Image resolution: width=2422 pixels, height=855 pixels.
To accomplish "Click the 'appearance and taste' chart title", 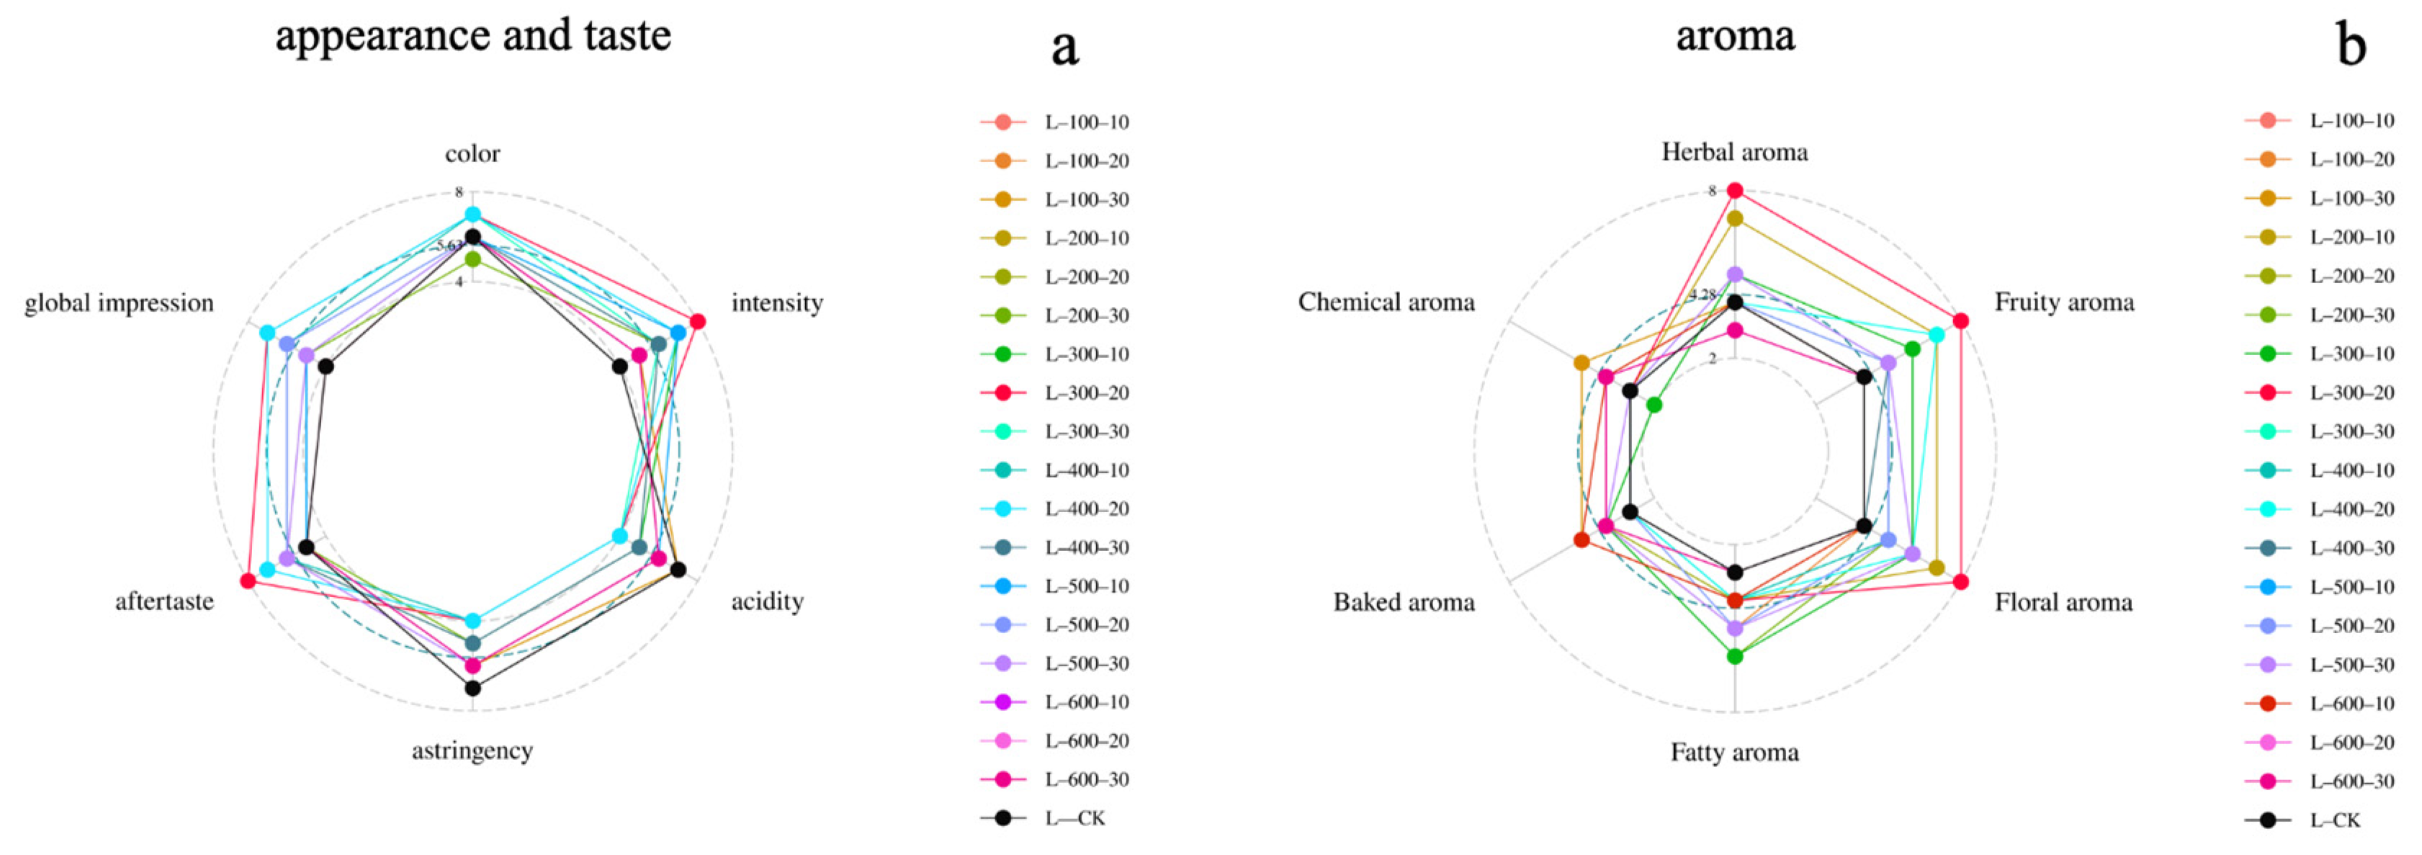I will pyautogui.click(x=473, y=37).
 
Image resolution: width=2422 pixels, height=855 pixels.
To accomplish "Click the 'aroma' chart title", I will pyautogui.click(x=1735, y=37).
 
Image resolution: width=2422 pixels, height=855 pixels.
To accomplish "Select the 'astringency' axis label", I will pyautogui.click(x=472, y=751).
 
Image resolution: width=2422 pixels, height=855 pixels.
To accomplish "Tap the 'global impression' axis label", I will pyautogui.click(x=120, y=303).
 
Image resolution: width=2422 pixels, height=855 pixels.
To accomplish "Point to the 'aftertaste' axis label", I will pyautogui.click(x=164, y=601).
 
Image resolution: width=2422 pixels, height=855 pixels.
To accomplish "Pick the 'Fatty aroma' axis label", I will pyautogui.click(x=1735, y=753).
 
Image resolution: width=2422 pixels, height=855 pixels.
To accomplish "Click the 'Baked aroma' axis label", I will pyautogui.click(x=1404, y=602).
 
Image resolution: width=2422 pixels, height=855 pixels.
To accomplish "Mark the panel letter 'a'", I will pyautogui.click(x=1064, y=47).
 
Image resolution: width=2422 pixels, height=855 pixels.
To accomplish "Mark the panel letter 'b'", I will pyautogui.click(x=2351, y=45).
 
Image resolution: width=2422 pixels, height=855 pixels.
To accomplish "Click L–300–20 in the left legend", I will pyautogui.click(x=1086, y=393).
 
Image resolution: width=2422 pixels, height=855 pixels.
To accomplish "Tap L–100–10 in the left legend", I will pyautogui.click(x=1086, y=122).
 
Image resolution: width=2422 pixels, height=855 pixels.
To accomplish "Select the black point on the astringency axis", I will pyautogui.click(x=473, y=689).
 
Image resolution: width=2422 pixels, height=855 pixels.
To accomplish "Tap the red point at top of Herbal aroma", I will pyautogui.click(x=1736, y=191).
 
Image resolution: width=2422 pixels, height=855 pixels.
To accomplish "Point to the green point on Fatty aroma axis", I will pyautogui.click(x=1736, y=656).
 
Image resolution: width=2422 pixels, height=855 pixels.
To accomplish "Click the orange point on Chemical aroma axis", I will pyautogui.click(x=1582, y=363).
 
